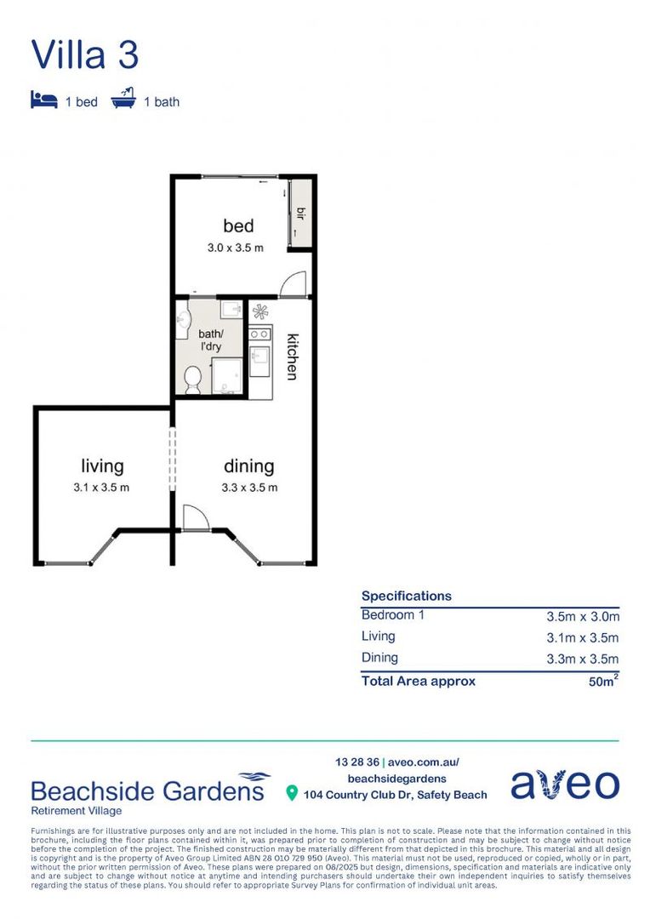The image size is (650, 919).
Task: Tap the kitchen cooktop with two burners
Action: [260, 333]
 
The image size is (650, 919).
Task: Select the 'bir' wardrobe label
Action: [300, 212]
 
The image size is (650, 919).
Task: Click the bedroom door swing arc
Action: [292, 284]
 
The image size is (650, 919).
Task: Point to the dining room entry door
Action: [194, 517]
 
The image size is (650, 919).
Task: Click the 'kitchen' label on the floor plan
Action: [291, 355]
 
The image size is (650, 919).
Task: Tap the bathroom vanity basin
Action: [183, 321]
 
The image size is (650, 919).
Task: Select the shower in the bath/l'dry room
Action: [226, 376]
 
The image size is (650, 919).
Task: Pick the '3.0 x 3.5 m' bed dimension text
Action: [235, 248]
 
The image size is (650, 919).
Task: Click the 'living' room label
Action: [102, 465]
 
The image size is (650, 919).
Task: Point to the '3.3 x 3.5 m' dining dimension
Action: [249, 488]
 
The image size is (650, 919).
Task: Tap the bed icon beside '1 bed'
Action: [43, 100]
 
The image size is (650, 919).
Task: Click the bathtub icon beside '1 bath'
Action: [123, 100]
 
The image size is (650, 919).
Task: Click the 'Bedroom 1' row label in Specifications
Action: [387, 615]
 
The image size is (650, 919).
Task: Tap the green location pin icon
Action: [292, 794]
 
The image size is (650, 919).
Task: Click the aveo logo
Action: [565, 785]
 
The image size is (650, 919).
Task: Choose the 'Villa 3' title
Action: [84, 54]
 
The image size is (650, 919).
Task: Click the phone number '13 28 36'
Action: [356, 762]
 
